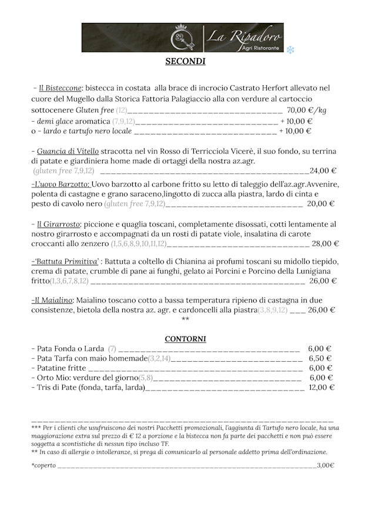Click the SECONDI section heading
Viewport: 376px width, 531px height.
click(185, 61)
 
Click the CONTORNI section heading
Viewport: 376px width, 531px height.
click(185, 339)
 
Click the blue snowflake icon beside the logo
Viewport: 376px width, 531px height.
click(290, 50)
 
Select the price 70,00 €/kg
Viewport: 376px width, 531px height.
click(306, 110)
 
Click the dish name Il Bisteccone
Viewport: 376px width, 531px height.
click(60, 88)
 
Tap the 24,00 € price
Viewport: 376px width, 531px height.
click(323, 171)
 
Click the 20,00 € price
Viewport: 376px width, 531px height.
click(320, 204)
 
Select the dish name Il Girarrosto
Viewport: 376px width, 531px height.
click(58, 224)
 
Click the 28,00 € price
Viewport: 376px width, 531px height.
click(325, 243)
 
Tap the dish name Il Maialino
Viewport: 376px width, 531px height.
click(53, 300)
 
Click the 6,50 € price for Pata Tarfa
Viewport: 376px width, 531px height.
click(320, 358)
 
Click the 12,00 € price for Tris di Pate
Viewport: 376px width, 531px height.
click(322, 387)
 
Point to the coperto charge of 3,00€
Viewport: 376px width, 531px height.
click(325, 465)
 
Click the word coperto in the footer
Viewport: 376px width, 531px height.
click(44, 465)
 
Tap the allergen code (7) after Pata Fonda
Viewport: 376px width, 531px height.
click(112, 348)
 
